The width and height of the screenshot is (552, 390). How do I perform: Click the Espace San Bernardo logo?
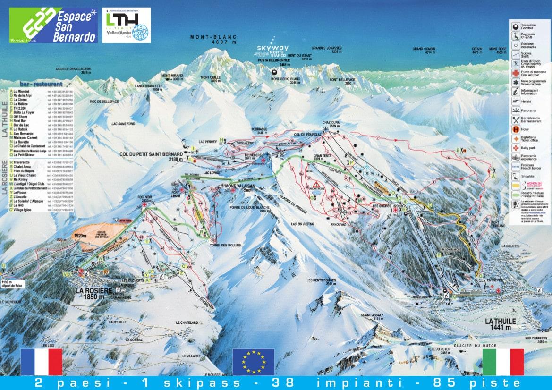pyautogui.click(x=54, y=25)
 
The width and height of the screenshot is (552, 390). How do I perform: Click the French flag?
pyautogui.click(x=42, y=362)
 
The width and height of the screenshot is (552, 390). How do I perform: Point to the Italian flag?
pyautogui.click(x=503, y=362)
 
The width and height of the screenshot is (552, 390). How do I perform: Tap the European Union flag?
pyautogui.click(x=254, y=362)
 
